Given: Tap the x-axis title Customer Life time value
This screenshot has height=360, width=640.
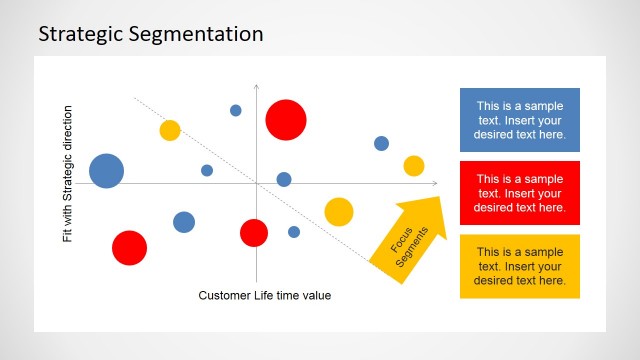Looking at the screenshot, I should click(x=264, y=295).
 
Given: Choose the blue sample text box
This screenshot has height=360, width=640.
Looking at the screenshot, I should click(x=519, y=120).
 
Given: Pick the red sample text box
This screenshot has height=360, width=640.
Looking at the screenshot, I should click(x=519, y=193).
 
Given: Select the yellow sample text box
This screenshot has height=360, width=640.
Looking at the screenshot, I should click(x=519, y=266).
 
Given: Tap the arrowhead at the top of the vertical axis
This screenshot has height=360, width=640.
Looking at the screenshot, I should click(x=256, y=88).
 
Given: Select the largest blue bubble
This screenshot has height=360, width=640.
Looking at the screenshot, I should click(x=106, y=171).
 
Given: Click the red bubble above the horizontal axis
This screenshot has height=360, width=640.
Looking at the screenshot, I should click(x=285, y=120).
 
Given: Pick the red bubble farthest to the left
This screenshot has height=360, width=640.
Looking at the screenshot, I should click(x=129, y=247).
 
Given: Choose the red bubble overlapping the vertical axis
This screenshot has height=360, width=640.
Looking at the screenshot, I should click(x=254, y=233).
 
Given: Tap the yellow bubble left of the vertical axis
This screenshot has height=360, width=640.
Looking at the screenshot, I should click(x=170, y=130).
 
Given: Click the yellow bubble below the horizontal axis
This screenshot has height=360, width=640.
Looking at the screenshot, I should click(x=339, y=212).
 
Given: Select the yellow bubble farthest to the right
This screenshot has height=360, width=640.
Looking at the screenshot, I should click(x=414, y=166).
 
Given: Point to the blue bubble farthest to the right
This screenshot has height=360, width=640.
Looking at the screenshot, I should click(x=381, y=143).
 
